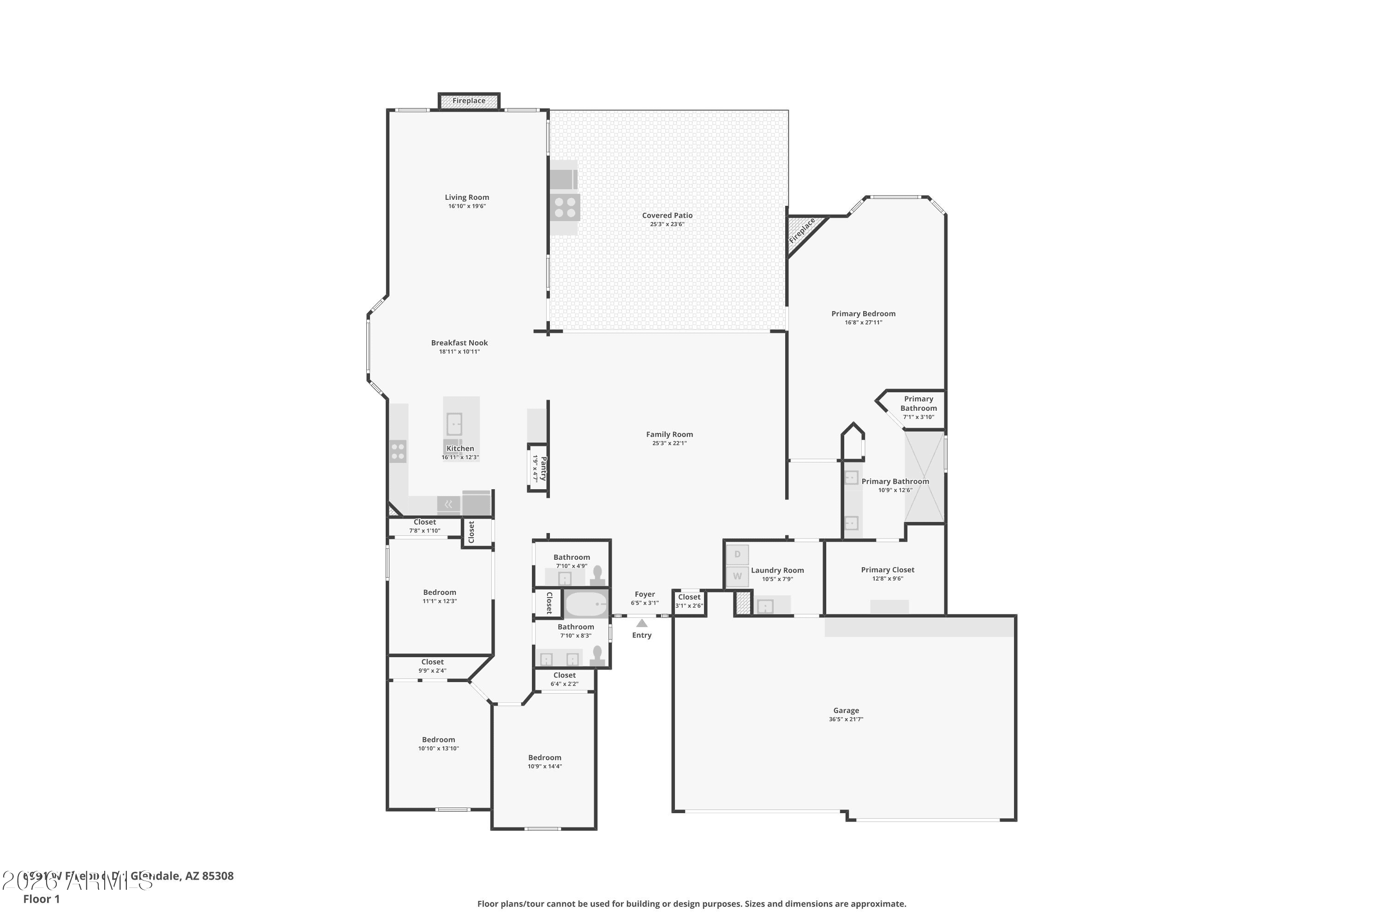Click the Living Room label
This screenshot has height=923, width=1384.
[x=466, y=197]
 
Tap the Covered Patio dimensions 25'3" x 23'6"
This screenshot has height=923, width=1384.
[x=667, y=224]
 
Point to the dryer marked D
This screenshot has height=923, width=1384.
[x=737, y=555]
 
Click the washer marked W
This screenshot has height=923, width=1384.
[x=737, y=576]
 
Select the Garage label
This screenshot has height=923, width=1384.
[x=846, y=711]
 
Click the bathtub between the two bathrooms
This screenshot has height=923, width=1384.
[x=585, y=604]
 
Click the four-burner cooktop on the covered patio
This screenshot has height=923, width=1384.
[x=565, y=207]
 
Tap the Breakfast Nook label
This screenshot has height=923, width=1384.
[x=459, y=342]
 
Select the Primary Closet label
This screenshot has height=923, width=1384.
[x=887, y=570]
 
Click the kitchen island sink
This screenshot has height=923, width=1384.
[x=453, y=424]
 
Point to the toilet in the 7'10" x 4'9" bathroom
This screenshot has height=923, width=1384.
[x=597, y=575]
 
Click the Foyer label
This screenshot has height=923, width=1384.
[x=644, y=594]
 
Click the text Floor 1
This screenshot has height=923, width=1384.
[x=41, y=899]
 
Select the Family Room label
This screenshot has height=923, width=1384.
[x=669, y=434]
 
